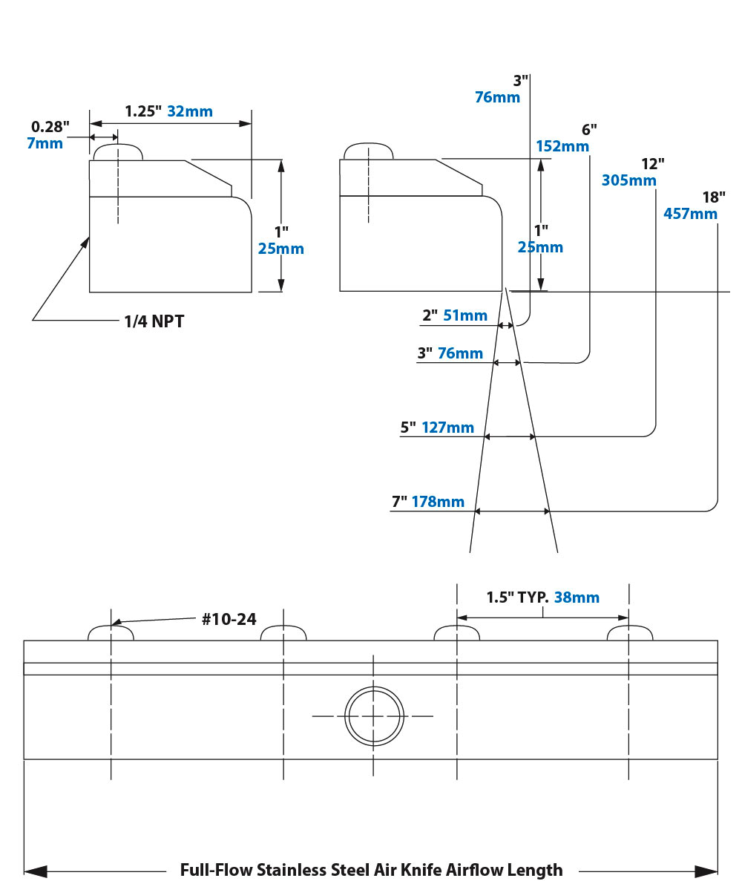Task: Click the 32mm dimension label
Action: [190, 112]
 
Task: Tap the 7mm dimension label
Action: [45, 143]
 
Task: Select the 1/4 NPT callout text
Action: [154, 321]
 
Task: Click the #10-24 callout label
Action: [229, 620]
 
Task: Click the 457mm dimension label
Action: [689, 214]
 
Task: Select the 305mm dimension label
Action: [628, 180]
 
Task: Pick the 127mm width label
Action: [447, 428]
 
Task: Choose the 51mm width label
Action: [464, 316]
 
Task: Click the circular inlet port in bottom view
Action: [375, 715]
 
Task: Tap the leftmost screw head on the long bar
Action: [111, 633]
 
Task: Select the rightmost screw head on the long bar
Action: [629, 633]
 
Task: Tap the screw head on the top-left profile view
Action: [117, 151]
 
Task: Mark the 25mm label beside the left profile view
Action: [280, 249]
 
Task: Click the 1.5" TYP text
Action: [514, 597]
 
